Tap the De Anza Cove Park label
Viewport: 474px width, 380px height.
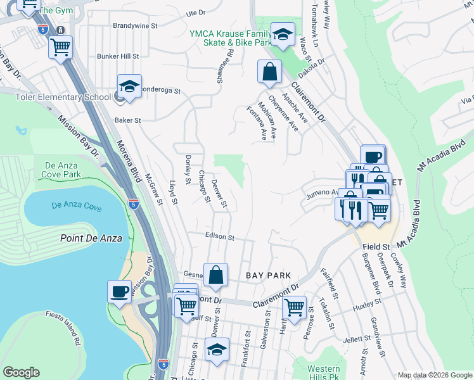click(x=61, y=170)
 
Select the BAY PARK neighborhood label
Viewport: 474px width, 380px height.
click(x=268, y=275)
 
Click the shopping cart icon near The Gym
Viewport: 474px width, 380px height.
click(x=60, y=47)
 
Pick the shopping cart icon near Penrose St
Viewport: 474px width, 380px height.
click(x=293, y=308)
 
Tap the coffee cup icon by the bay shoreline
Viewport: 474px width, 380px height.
click(x=120, y=291)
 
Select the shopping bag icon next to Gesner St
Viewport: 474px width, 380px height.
click(x=215, y=275)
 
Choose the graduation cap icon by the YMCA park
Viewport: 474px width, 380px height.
click(x=283, y=34)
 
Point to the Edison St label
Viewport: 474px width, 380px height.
click(x=220, y=237)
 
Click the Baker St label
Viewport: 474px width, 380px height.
click(x=127, y=120)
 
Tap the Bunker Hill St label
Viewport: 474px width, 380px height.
click(x=118, y=56)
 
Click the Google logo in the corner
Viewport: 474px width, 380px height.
click(x=21, y=372)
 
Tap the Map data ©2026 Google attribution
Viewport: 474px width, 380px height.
click(x=434, y=375)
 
